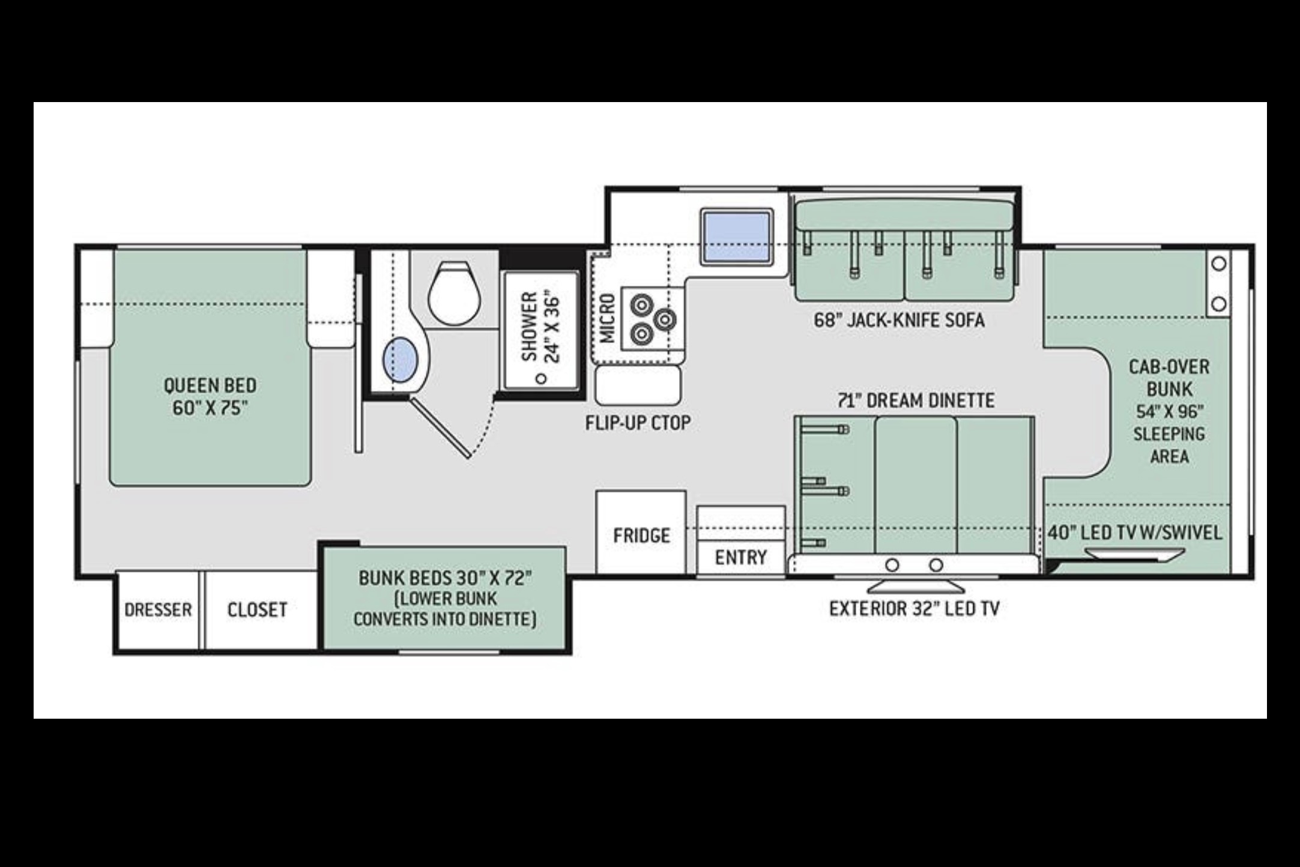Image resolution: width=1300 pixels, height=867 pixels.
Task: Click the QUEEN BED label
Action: (210, 385)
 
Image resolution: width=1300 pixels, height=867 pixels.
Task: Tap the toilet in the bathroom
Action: (455, 294)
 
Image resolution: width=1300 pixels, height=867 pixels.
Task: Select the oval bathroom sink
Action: (400, 360)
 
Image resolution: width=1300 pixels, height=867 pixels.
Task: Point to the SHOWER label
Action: (529, 327)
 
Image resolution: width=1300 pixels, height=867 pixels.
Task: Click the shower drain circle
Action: (541, 379)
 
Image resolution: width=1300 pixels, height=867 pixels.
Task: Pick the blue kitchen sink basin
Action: (737, 237)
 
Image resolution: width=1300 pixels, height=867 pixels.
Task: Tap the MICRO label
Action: (608, 318)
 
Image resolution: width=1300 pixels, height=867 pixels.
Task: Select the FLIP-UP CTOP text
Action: (638, 423)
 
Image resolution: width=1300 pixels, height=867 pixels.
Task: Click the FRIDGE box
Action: (641, 532)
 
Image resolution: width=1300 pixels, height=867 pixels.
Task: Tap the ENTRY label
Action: (741, 558)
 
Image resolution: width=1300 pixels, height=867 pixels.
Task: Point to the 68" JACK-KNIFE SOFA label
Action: (899, 320)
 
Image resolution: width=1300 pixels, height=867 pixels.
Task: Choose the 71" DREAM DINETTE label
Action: (916, 400)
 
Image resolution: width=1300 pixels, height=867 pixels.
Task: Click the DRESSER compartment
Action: (158, 610)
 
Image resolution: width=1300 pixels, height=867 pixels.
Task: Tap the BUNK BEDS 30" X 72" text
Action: (446, 578)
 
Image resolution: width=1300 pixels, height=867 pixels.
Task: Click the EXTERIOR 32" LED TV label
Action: (915, 609)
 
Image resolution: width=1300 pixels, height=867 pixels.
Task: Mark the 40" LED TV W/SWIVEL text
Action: (1135, 533)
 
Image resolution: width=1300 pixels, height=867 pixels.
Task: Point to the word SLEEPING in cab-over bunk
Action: (1169, 434)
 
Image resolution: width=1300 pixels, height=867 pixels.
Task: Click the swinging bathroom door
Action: (440, 427)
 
